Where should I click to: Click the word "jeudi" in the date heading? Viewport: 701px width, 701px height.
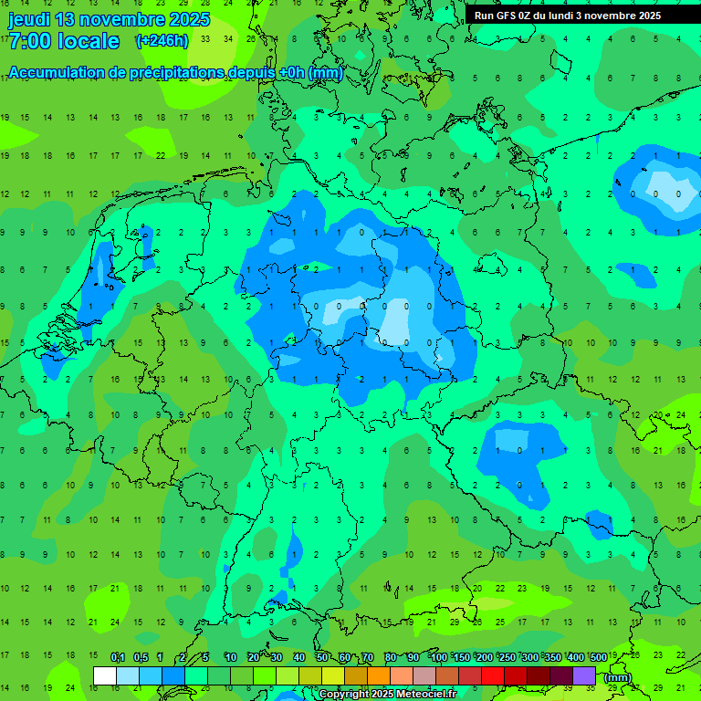click(29, 19)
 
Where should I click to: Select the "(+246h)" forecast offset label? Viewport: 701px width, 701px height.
click(162, 40)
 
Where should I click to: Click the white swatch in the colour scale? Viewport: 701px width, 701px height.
click(105, 675)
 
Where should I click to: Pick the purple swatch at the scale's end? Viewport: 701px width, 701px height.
click(584, 675)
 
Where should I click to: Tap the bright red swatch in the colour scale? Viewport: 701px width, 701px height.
click(493, 675)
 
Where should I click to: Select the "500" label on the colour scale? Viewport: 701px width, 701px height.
click(599, 658)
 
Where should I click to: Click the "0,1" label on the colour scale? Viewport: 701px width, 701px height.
click(118, 658)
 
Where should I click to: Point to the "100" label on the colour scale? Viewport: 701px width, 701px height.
click(439, 658)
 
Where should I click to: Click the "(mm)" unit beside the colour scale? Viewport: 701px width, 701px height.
click(618, 677)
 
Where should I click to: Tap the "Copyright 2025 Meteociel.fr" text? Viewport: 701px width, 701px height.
click(387, 695)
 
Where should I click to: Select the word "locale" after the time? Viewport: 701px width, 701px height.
click(89, 41)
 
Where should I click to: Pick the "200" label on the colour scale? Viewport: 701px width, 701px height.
click(485, 658)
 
